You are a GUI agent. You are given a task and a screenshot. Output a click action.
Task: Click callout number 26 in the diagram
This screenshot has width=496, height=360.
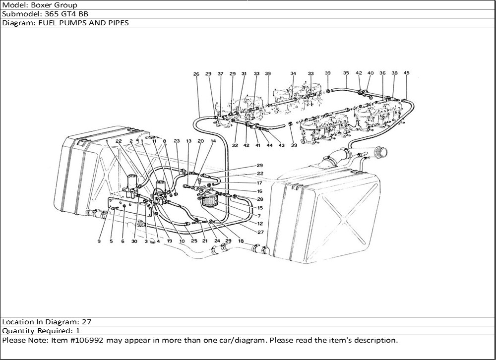click(x=196, y=74)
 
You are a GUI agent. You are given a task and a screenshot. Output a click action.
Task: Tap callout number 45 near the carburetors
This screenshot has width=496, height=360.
click(x=406, y=73)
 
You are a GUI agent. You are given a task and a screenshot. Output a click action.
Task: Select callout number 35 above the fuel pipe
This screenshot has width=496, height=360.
click(x=346, y=73)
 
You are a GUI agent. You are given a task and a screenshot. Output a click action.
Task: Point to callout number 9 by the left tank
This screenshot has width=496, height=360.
click(x=99, y=241)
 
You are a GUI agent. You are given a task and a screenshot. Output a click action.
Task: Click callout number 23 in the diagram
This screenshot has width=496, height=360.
click(x=177, y=141)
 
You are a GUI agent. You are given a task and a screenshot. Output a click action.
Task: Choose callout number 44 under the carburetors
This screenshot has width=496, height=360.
click(x=270, y=145)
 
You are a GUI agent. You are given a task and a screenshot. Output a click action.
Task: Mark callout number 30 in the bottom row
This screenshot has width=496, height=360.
click(x=134, y=241)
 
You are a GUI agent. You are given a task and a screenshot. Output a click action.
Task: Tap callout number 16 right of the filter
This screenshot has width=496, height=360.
click(x=259, y=191)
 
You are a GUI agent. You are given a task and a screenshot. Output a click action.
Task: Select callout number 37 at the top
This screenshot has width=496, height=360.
click(x=220, y=74)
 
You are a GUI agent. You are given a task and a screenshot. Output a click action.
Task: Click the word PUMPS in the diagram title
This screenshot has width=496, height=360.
click(x=67, y=23)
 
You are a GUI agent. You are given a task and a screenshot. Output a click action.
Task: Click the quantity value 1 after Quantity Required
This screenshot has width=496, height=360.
click(x=78, y=331)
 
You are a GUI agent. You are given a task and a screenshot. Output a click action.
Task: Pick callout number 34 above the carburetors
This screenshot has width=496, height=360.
click(x=293, y=74)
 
